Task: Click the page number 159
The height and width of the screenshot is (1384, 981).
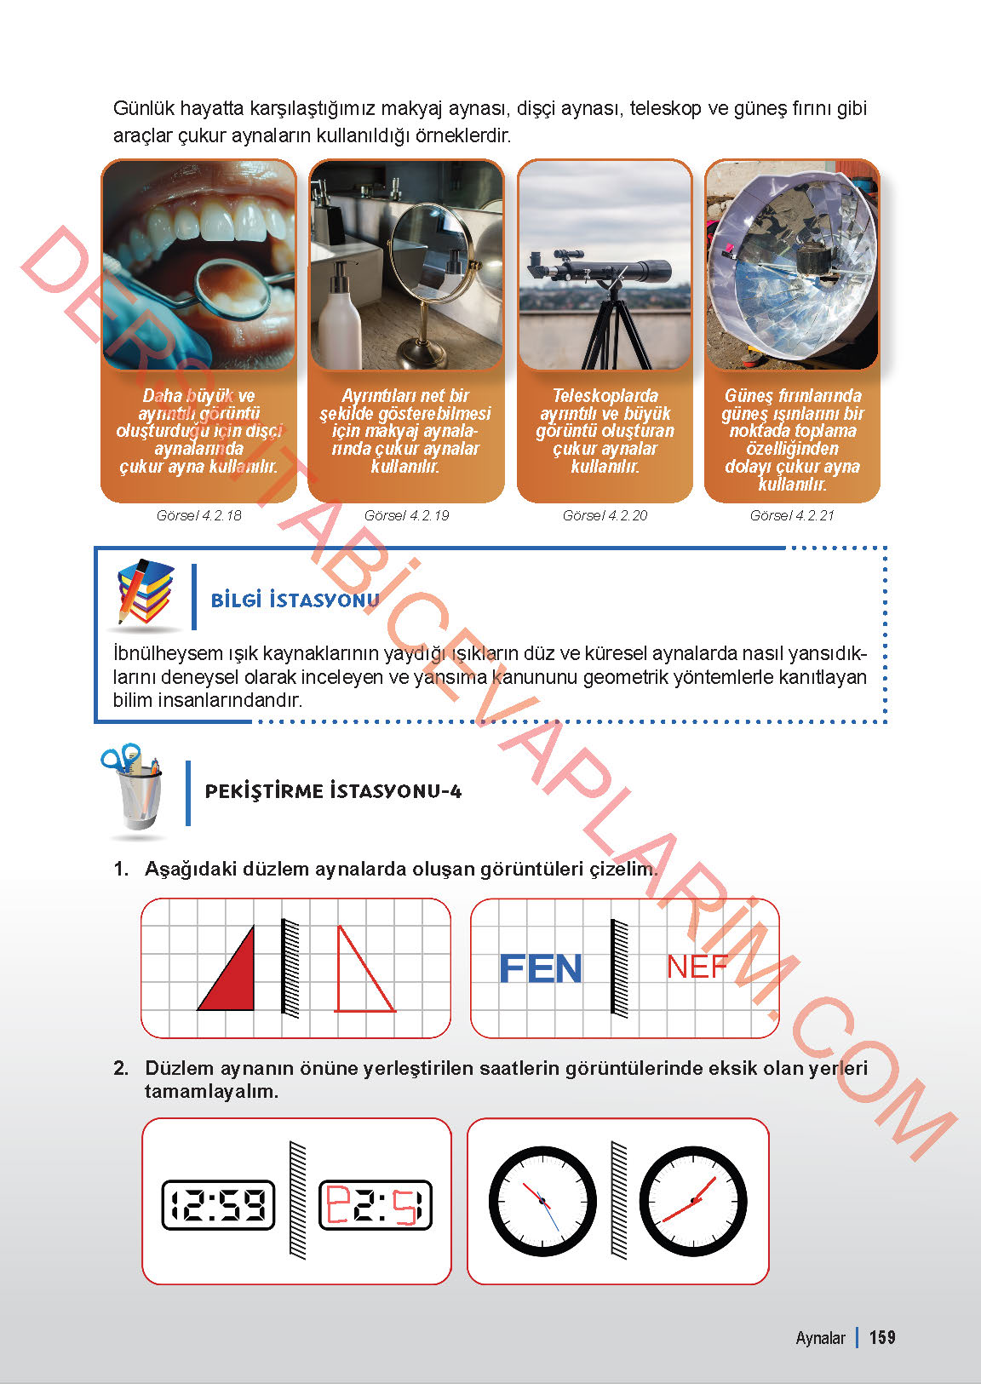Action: (x=882, y=1337)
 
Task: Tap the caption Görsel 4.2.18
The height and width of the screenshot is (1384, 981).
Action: (x=198, y=516)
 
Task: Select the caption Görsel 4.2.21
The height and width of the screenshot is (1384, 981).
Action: (x=792, y=516)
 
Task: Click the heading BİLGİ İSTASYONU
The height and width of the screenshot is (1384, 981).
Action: (x=295, y=600)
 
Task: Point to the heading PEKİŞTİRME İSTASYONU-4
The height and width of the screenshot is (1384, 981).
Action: (x=333, y=791)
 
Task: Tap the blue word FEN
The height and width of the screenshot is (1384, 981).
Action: (x=540, y=969)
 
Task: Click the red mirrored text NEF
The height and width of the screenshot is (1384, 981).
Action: (x=697, y=967)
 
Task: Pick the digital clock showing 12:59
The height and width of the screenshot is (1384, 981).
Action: (x=219, y=1204)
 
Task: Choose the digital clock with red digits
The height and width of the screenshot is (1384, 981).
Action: (x=376, y=1204)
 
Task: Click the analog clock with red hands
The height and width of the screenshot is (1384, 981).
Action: (x=693, y=1202)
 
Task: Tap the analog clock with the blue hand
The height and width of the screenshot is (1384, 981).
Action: (x=542, y=1202)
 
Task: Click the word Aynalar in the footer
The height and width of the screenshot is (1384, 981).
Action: (x=820, y=1338)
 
